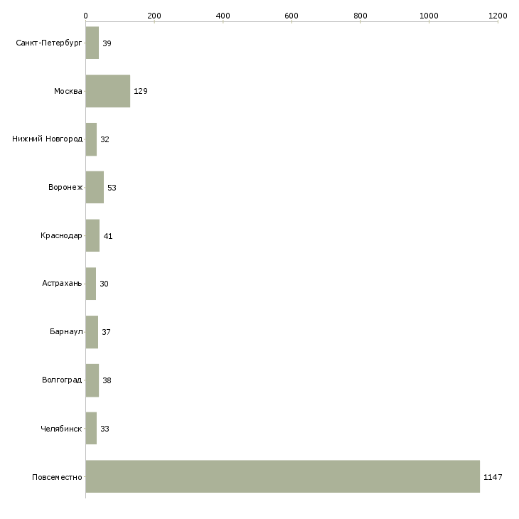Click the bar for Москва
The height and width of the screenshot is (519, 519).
107,91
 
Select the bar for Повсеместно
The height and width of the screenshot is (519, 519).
282,476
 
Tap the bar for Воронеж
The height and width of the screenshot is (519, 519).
95,188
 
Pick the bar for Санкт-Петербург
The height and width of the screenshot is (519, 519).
92,43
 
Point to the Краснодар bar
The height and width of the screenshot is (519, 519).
92,235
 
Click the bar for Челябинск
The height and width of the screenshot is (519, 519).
91,429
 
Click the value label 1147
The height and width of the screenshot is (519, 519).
493,477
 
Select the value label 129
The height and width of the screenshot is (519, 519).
140,92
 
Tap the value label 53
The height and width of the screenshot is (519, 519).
112,188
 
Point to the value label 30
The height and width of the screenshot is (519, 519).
104,284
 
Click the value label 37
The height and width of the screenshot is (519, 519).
106,333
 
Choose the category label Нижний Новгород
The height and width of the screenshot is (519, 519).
47,139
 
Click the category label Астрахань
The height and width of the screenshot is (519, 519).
62,284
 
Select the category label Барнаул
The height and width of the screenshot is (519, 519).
66,332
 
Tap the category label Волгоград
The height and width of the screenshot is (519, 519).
62,380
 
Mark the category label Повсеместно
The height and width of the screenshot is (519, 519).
58,477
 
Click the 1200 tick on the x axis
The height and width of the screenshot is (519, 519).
498,15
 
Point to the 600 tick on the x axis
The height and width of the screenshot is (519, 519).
291,15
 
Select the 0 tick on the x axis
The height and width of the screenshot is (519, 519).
85,15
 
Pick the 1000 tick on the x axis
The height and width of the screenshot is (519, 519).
429,15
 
